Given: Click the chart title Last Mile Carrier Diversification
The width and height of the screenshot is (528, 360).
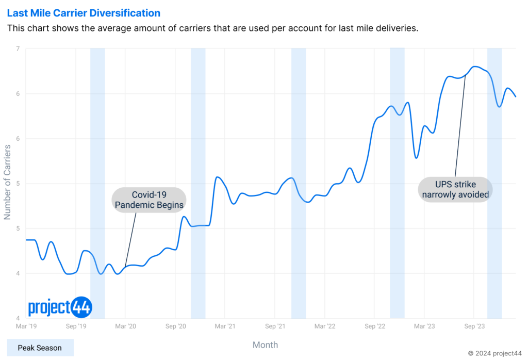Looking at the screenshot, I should pyautogui.click(x=84, y=13).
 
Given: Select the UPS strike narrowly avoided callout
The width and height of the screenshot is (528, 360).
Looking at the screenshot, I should pyautogui.click(x=454, y=189).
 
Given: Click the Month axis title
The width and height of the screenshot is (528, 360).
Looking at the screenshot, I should pyautogui.click(x=265, y=345).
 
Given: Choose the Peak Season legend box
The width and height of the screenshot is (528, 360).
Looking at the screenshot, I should pyautogui.click(x=40, y=348).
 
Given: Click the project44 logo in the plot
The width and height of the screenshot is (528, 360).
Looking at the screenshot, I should pyautogui.click(x=60, y=307).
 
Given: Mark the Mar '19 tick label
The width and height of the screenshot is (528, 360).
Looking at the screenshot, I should pyautogui.click(x=26, y=326).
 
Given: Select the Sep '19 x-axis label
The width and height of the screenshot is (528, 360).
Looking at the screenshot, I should pyautogui.click(x=76, y=326).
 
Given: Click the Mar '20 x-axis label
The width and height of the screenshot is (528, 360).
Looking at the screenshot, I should pyautogui.click(x=125, y=326).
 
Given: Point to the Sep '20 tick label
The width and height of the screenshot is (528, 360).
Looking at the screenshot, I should pyautogui.click(x=175, y=326).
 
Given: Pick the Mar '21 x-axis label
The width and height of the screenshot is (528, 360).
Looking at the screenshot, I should pyautogui.click(x=225, y=326).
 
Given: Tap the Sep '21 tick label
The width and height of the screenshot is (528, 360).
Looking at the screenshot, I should pyautogui.click(x=275, y=326).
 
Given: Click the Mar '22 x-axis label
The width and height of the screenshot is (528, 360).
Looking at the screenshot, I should pyautogui.click(x=325, y=326).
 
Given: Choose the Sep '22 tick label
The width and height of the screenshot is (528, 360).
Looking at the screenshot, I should pyautogui.click(x=374, y=326).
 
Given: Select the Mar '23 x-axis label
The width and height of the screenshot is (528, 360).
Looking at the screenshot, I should pyautogui.click(x=424, y=326).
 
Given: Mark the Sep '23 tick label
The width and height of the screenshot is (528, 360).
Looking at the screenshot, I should pyautogui.click(x=474, y=326).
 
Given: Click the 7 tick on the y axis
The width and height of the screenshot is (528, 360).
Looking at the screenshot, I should pyautogui.click(x=18, y=49).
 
